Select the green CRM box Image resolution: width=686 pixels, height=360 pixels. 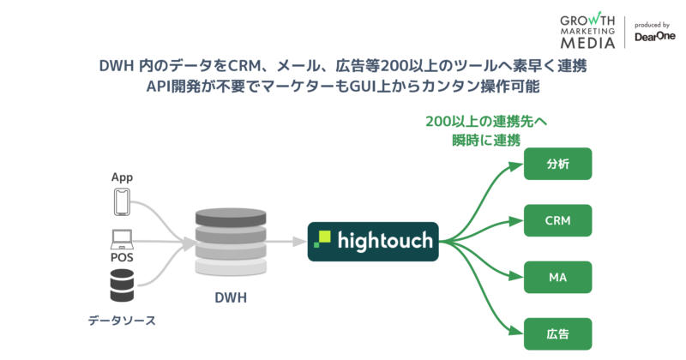click(557, 220)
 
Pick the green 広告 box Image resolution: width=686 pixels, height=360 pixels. click(557, 333)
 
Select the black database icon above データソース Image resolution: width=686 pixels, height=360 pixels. click(122, 285)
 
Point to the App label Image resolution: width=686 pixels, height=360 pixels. click(122, 177)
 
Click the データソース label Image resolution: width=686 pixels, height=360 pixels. click(122, 321)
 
